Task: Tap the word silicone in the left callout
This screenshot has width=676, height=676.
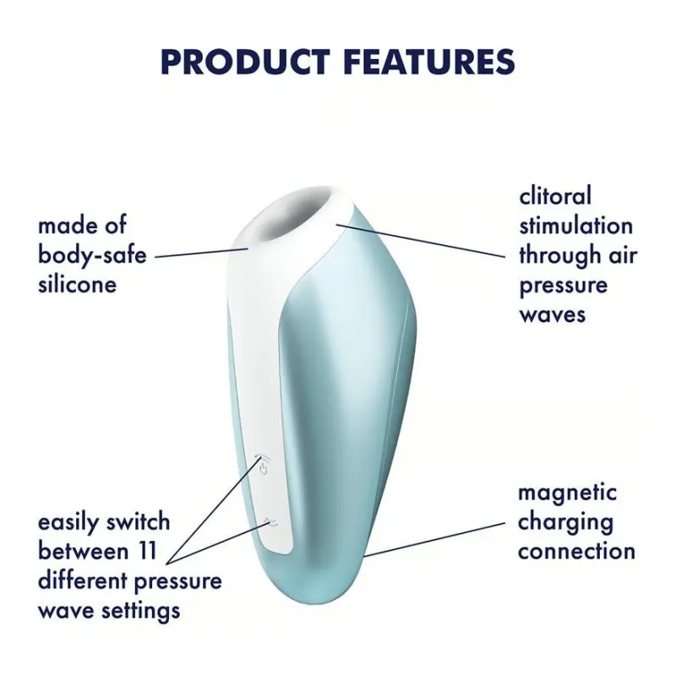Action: pos(77,284)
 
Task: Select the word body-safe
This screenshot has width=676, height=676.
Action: pos(92,255)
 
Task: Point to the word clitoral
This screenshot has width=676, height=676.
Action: pos(555,196)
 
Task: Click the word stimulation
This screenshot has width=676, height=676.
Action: pos(575,226)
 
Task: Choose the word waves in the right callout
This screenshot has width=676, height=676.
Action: pos(552,314)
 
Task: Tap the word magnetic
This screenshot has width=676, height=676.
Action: pos(567,493)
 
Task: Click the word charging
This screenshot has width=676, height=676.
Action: pos(564,522)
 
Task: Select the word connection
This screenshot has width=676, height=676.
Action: pos(576,552)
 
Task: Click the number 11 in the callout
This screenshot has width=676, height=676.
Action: pos(147,552)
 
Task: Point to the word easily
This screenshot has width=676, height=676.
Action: pos(70,522)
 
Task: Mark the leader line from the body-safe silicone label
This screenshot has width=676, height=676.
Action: pos(201,252)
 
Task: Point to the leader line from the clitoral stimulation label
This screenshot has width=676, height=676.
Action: pos(422,241)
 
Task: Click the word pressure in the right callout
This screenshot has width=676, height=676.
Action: pos(563,285)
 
